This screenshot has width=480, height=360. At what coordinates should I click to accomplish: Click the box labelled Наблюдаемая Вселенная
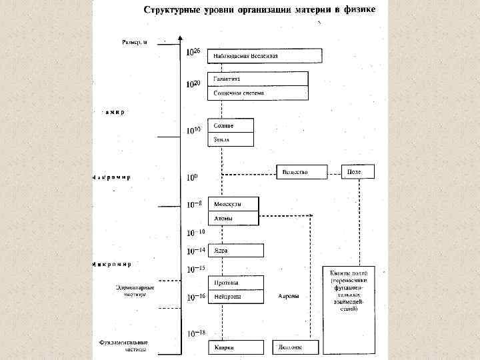[x=265, y=56]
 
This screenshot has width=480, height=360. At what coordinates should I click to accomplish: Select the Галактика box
[x=258, y=79]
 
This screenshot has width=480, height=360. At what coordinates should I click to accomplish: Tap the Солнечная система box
[x=258, y=93]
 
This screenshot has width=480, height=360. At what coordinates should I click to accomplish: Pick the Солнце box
[x=231, y=125]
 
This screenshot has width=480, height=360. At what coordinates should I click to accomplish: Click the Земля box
[x=231, y=139]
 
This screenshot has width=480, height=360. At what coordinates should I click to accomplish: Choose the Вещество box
[x=301, y=172]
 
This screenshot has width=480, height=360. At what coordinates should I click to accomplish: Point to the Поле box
[x=357, y=172]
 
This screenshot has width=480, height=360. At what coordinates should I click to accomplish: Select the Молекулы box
[x=233, y=203]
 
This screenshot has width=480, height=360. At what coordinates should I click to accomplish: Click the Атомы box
[x=233, y=218]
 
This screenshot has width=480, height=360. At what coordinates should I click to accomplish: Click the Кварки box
[x=235, y=347]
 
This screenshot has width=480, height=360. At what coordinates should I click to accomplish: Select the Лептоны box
[x=295, y=347]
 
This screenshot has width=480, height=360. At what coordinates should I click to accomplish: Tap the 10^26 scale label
[x=193, y=53]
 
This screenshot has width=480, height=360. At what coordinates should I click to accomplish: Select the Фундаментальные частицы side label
[x=124, y=346]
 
